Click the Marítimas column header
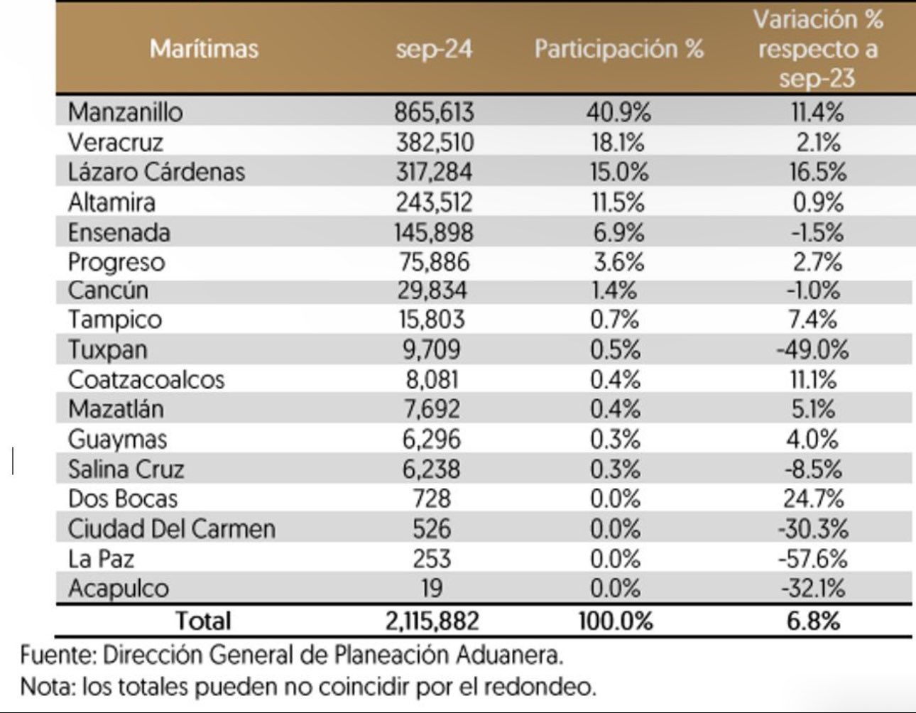coord(204,49)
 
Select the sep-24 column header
coord(434,49)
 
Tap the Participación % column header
coord(618,49)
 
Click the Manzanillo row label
coord(125,112)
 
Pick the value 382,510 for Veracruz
coord(435,142)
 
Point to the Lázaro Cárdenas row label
coord(156,172)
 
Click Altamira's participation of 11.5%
coord(618,202)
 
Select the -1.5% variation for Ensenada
coord(817,232)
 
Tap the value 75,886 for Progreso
coord(434,262)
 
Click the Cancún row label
coord(108,290)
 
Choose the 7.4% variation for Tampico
coord(812,320)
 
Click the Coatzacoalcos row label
coord(146,380)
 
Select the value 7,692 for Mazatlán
coord(432,409)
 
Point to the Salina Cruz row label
coord(126,469)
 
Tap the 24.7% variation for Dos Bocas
coord(814,499)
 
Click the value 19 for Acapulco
coord(431,588)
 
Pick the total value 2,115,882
coord(432,621)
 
